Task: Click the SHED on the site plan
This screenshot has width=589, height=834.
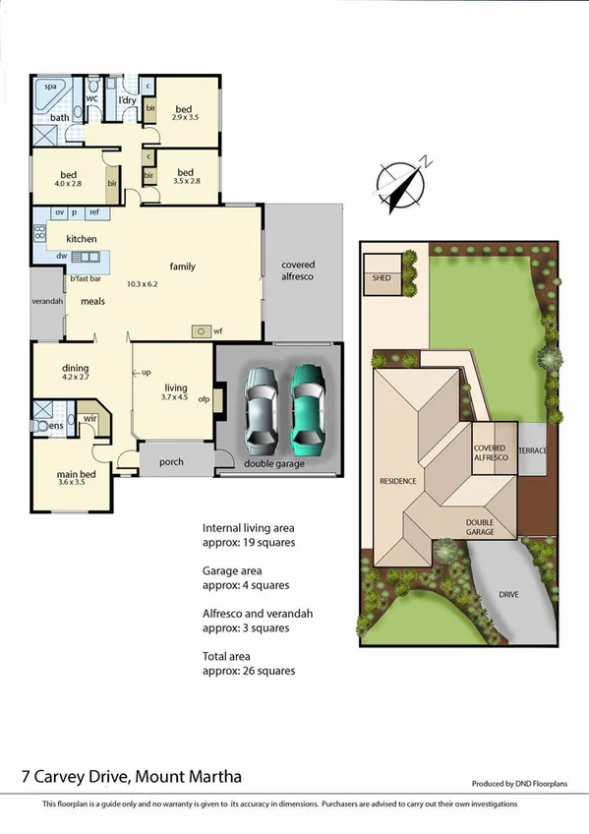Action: [x=381, y=278]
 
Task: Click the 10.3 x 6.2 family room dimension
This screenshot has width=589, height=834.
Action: [x=147, y=284]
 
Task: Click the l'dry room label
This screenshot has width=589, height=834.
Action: [x=127, y=100]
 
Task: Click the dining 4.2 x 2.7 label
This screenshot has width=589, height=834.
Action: [x=76, y=373]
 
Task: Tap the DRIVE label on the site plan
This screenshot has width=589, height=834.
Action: [x=508, y=595]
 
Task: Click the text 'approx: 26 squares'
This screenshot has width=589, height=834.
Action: [x=248, y=671]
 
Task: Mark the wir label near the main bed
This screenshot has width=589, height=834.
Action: [x=89, y=418]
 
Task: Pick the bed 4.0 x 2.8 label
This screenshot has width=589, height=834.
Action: [x=68, y=179]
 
